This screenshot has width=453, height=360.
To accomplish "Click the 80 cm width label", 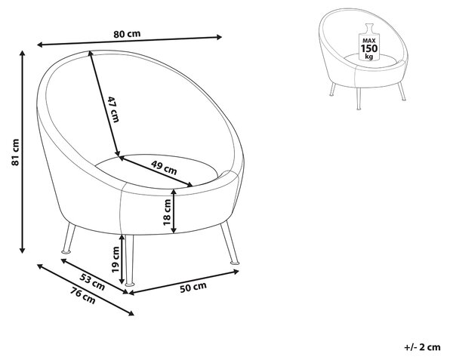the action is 127,34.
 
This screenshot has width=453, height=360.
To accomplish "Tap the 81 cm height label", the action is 15,152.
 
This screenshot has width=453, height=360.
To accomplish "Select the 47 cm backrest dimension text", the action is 113,109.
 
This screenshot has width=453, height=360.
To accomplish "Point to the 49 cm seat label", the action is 164,168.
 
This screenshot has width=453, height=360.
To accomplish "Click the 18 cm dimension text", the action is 167,212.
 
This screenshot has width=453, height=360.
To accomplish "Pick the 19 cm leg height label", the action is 116,260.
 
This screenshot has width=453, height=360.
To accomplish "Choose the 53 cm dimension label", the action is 92,282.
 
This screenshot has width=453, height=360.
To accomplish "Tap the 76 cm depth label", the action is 83,296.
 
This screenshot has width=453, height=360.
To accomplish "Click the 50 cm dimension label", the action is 193,288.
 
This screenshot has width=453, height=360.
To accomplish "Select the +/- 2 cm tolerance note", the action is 422,347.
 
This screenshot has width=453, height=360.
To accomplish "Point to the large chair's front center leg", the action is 129,260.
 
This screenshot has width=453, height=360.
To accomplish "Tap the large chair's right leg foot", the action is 234,263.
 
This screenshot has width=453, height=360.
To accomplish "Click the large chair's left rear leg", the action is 68,238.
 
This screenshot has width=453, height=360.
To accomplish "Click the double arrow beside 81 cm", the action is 22,152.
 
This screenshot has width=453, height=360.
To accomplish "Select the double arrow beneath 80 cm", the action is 129,41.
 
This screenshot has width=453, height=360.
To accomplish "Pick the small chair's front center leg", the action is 358,99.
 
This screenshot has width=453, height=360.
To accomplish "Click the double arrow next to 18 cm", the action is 174,211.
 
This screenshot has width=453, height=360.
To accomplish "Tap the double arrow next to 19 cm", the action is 122,260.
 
